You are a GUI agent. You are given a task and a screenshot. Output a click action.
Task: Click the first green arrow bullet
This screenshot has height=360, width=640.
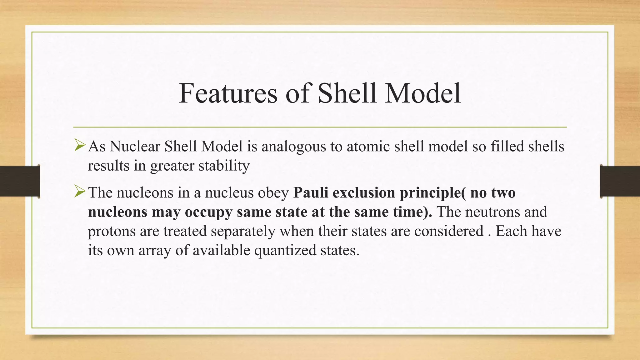point(80,146)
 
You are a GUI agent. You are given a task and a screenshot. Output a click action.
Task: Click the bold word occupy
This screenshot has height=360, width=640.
point(208,212)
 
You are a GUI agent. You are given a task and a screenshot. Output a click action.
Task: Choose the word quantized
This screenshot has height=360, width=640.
point(285,251)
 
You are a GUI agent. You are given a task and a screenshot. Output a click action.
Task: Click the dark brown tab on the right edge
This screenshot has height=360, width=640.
point(620,181)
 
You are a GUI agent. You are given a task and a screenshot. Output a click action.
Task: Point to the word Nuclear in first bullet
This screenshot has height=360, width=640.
point(135,146)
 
